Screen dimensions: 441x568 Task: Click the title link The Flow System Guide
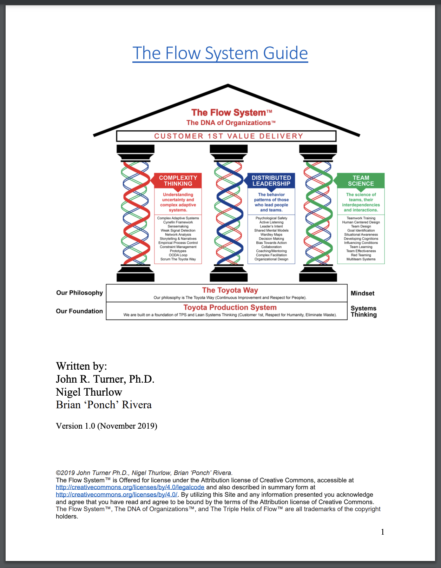220,53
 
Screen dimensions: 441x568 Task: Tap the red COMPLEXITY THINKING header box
178,181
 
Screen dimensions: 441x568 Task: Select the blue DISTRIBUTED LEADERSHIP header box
271,181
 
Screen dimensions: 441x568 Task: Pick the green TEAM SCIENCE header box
361,181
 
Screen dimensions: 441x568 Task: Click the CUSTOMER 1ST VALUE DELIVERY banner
226,136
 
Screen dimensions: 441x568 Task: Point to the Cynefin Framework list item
178,222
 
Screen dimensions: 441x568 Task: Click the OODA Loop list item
178,255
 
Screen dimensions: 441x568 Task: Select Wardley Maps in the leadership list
271,235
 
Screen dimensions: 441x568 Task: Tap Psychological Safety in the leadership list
271,218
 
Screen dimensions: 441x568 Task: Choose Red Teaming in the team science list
361,255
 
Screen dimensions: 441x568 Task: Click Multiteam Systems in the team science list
361,259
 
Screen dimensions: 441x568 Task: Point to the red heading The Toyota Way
230,290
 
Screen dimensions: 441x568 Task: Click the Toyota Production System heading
230,308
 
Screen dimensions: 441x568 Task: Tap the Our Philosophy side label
79,293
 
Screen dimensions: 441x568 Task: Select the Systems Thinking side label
364,311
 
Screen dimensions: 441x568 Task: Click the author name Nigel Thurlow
89,392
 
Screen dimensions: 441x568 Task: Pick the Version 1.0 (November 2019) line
106,426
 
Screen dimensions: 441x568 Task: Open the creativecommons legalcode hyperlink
130,487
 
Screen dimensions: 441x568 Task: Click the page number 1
382,532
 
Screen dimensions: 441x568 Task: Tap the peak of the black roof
228,85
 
